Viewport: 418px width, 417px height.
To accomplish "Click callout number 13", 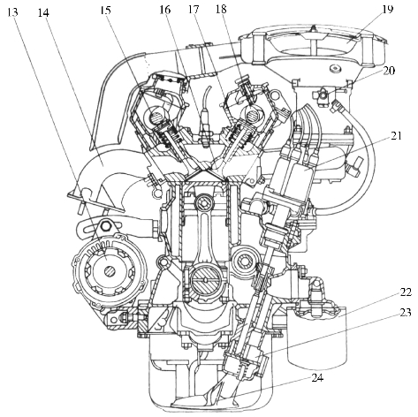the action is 12,12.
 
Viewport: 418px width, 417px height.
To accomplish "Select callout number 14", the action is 43,12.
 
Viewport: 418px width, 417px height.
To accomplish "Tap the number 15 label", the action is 105,11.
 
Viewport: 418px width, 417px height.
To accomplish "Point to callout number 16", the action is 165,10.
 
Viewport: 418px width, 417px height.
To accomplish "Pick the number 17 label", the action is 194,10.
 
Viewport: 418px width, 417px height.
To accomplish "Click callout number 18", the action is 221,9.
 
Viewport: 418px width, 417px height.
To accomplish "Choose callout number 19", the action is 388,9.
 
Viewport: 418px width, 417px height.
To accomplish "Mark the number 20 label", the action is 390,71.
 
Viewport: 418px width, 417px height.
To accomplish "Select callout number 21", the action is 396,136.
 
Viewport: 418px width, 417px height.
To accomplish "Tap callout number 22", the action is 407,292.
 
